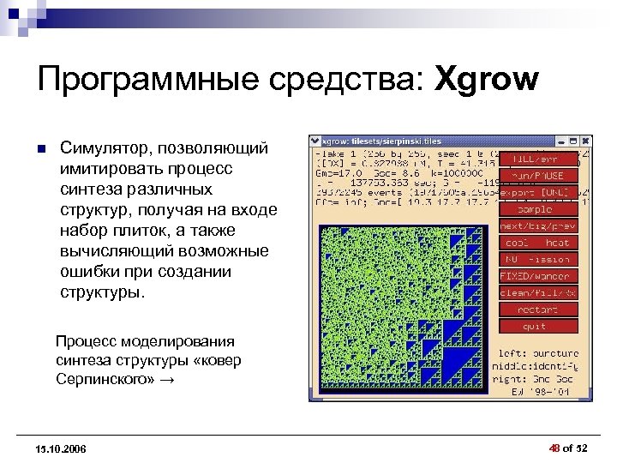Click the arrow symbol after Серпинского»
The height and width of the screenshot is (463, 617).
pos(165,378)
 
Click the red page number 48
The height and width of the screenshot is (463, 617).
pos(554,448)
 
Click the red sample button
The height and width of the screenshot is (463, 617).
pos(537,209)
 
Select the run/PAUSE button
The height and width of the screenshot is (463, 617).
pos(537,176)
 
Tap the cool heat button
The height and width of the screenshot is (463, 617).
pos(537,243)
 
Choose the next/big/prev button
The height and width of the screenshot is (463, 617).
pos(537,225)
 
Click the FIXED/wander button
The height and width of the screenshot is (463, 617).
pos(537,276)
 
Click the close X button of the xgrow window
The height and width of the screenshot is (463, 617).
pos(583,141)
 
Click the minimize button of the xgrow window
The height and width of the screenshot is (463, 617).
pos(559,141)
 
